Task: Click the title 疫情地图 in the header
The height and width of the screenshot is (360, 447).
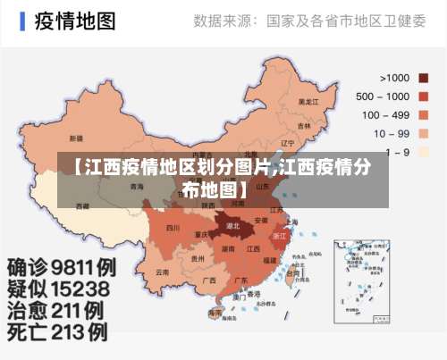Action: coord(76,21)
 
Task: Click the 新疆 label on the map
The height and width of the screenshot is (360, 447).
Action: coord(76,138)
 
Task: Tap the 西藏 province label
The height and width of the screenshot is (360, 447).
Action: coord(83,205)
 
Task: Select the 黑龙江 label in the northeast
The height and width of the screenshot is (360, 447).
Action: coord(308,102)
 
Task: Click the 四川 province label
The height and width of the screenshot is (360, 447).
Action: coord(173,229)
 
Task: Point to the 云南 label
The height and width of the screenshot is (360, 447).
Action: coord(162,272)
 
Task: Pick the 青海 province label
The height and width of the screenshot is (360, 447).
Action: coord(136,187)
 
